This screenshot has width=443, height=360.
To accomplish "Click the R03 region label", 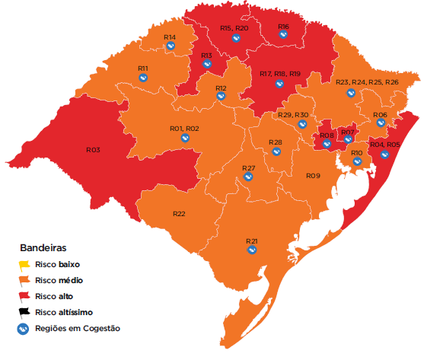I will point(94,150).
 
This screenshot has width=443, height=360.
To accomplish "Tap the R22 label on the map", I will point(179,214).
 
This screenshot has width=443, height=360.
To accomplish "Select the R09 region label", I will point(313,176).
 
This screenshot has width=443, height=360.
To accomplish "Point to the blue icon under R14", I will point(171,46).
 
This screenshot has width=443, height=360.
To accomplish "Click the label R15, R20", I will point(234,28).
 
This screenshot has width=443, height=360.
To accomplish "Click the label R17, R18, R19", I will point(280,74).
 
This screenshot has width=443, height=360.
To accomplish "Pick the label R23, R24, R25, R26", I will point(367,82).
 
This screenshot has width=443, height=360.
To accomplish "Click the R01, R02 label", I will point(184,129).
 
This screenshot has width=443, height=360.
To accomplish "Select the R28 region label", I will point(275,142).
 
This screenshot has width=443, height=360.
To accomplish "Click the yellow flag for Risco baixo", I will point(25,265).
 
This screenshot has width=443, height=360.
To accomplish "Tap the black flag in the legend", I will point(25,311).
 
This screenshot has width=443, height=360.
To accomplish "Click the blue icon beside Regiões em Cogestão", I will point(25,328).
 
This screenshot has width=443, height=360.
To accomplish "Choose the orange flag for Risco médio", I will point(25,280).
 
